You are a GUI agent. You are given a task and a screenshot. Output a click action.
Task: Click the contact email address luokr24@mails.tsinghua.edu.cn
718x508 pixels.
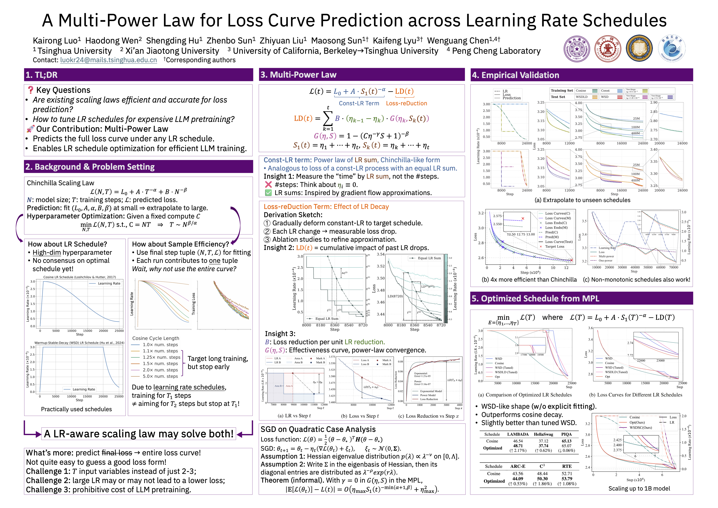coord(108,60)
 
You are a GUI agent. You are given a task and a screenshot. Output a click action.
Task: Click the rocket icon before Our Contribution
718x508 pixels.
coord(30,129)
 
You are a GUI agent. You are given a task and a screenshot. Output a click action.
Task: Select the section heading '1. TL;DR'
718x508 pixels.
coord(42,75)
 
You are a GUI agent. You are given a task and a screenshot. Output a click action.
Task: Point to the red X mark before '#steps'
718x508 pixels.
coord(268,185)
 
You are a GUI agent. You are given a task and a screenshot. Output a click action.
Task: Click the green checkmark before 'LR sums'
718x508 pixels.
coord(268,193)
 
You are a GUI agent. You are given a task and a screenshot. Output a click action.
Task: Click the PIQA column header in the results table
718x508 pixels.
coord(566,434)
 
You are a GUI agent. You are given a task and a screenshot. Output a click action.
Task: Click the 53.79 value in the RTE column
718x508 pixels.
coord(567,479)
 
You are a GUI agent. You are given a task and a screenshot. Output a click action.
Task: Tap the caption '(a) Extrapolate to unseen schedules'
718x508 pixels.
coord(582,200)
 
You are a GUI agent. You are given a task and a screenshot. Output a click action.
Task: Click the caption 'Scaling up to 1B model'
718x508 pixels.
coord(639,489)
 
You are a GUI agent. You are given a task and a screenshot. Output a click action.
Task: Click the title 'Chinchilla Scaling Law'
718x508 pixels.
coord(60,183)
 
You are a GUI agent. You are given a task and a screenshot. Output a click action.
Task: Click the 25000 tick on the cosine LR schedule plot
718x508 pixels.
coord(119,331)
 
